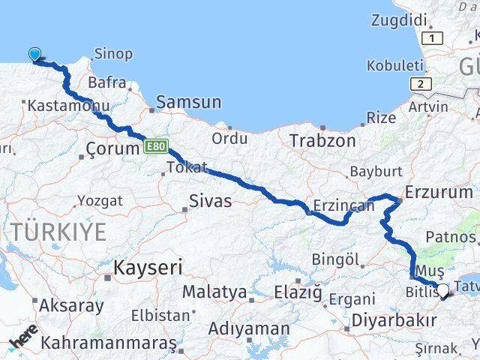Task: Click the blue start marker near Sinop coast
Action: point(34,53)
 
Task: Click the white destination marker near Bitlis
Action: point(442,290)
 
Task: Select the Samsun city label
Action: point(190,103)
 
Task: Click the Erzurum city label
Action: point(439,192)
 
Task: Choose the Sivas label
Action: point(211,200)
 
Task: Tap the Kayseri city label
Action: point(148,267)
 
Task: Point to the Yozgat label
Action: point(100,200)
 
